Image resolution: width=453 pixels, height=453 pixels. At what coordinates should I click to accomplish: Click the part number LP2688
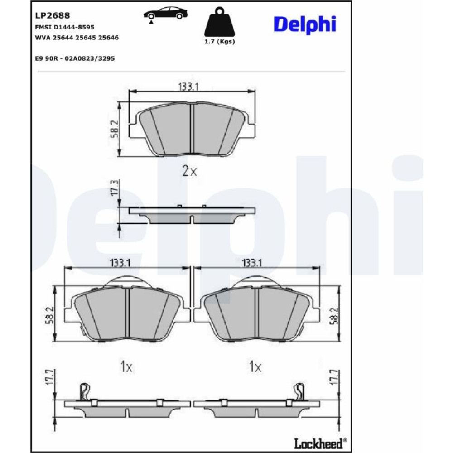point(52,15)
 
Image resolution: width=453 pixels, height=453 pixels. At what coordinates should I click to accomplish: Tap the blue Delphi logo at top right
point(305,24)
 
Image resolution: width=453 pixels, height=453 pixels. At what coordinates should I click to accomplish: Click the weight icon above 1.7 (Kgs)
point(220,22)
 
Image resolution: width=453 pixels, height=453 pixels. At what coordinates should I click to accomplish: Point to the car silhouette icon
point(165,14)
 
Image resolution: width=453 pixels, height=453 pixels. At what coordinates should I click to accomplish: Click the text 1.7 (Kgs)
point(220,42)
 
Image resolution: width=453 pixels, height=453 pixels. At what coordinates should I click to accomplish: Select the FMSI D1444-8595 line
point(65,27)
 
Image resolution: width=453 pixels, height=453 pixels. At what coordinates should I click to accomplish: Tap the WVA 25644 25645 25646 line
point(77,38)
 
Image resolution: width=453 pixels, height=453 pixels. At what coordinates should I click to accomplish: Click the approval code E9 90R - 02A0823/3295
point(75,58)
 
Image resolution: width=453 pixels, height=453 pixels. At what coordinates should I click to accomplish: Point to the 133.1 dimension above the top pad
point(188,87)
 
